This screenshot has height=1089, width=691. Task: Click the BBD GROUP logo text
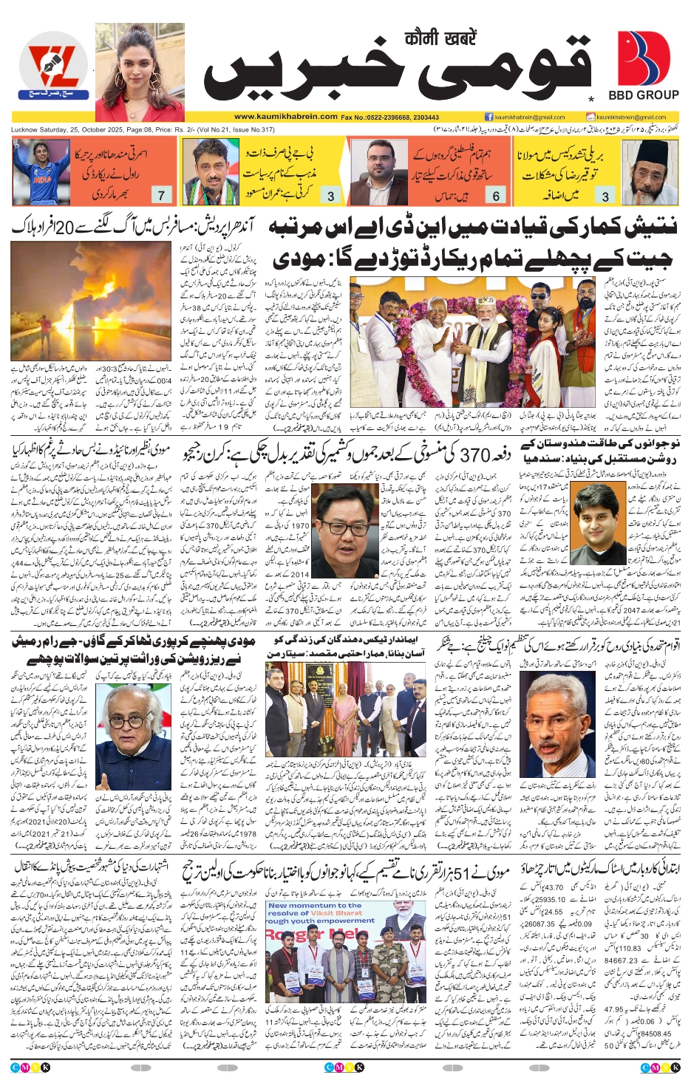tap(643, 95)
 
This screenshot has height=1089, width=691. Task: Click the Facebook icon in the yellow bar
tap(489, 117)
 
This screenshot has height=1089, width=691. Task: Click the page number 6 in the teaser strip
tap(496, 196)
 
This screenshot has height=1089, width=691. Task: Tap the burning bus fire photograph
tap(91, 301)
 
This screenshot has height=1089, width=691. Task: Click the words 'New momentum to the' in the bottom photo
tap(315, 906)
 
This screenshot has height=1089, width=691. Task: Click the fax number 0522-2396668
tap(390, 117)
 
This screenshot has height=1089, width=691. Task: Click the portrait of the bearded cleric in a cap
tap(649, 172)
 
